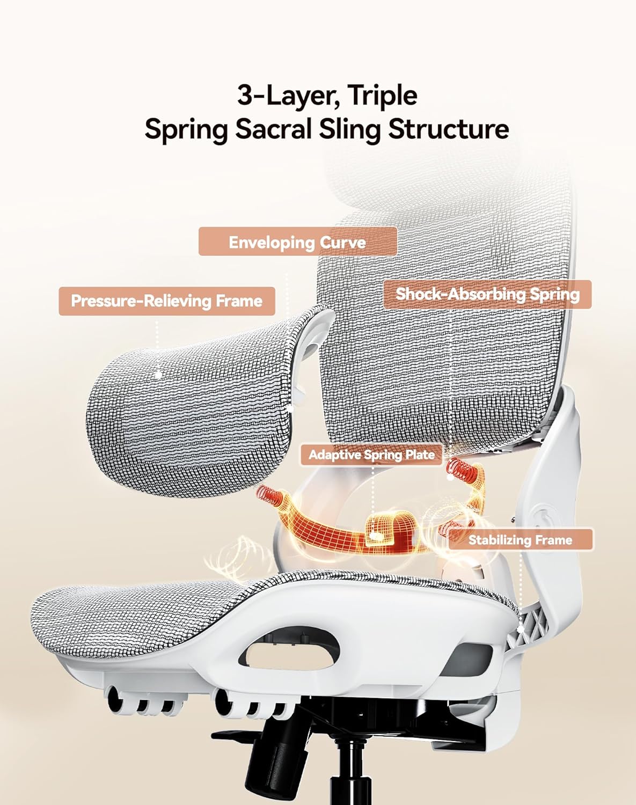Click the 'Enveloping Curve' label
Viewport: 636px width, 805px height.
pos(297,241)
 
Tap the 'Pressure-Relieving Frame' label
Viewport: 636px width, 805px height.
pos(167,301)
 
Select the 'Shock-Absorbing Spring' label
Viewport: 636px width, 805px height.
pos(487,295)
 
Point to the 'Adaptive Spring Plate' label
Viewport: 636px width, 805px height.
pos(371,455)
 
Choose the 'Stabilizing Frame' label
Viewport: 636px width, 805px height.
pos(521,540)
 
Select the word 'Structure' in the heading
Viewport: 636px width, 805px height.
pos(448,129)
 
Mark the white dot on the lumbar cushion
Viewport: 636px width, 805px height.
pos(159,374)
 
